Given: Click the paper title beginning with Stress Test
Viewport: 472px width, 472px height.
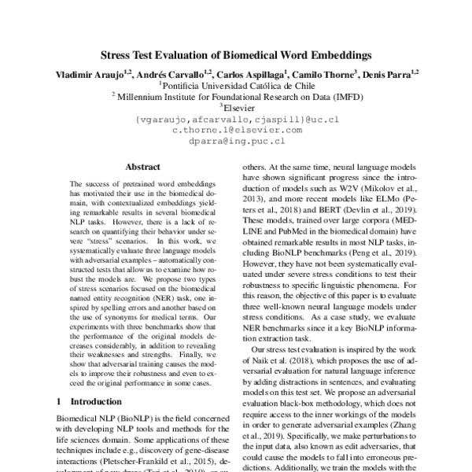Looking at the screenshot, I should (236, 56).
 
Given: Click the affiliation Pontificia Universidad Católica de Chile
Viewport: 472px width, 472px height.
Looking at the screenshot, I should (236, 86).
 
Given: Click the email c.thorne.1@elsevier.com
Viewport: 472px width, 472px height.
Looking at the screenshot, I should (236, 130).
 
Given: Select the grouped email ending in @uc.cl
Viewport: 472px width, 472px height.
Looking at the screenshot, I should (236, 119).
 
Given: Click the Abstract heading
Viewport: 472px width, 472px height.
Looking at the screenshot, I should (142, 167).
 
